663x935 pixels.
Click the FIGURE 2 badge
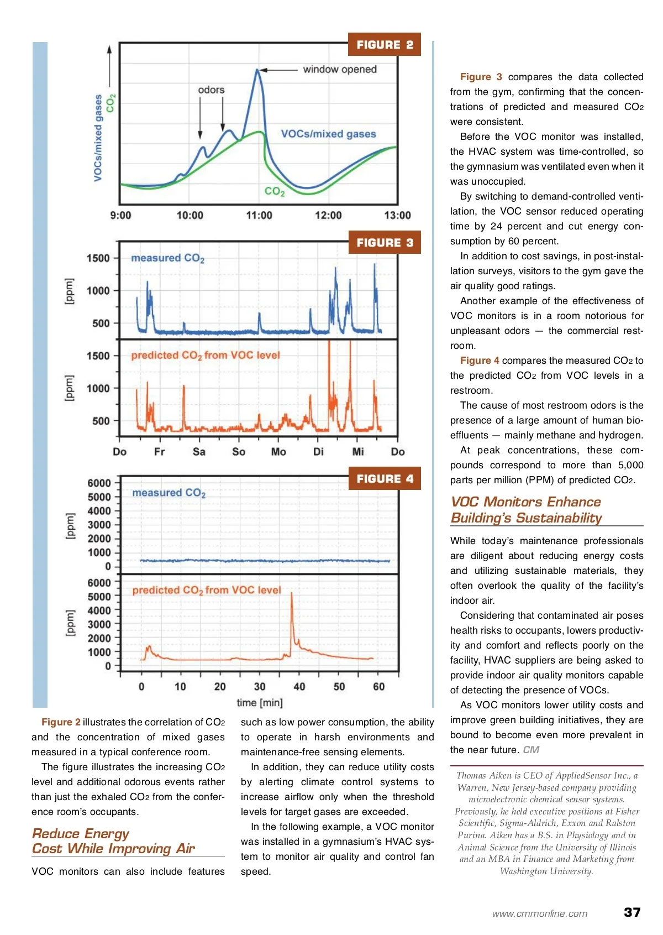(385, 45)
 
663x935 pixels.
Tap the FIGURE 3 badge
(385, 243)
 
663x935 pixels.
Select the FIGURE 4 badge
(385, 479)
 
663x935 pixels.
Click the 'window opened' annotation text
(339, 70)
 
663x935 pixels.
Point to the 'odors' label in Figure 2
(211, 90)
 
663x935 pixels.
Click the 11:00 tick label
(259, 216)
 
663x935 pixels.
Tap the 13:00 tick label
(397, 216)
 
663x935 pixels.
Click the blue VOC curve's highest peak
(257, 70)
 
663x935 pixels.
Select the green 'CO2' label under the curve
(275, 191)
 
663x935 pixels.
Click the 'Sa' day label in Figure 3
(199, 452)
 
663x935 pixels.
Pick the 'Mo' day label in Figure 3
(278, 452)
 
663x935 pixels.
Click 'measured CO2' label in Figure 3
(167, 258)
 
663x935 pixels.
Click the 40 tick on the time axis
(299, 687)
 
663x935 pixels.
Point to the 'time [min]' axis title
(260, 703)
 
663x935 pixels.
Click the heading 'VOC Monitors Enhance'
(525, 502)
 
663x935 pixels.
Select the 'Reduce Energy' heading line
(81, 834)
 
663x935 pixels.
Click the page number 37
(632, 912)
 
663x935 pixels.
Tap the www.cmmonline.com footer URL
(540, 914)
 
